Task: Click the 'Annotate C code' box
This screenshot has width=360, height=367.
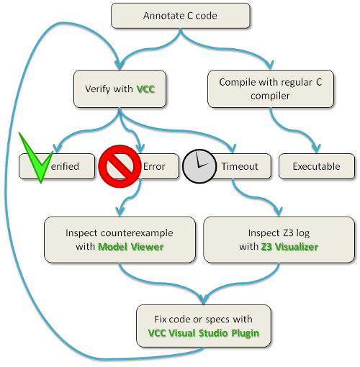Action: pos(180,14)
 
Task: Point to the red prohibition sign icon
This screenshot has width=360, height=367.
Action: pos(119,165)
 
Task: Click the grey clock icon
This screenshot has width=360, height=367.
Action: pos(199,166)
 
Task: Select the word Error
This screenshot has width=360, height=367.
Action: pos(154,166)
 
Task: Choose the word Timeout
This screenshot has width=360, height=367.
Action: pos(239,166)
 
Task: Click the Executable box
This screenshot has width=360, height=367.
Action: pos(316,166)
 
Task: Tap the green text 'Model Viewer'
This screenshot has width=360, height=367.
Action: pos(130,247)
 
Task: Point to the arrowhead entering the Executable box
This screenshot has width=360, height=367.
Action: pos(315,150)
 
